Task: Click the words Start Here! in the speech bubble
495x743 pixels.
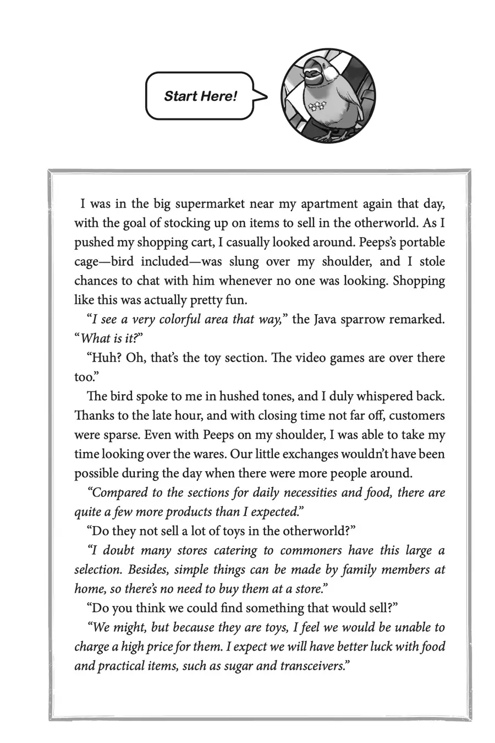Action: tap(200, 96)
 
